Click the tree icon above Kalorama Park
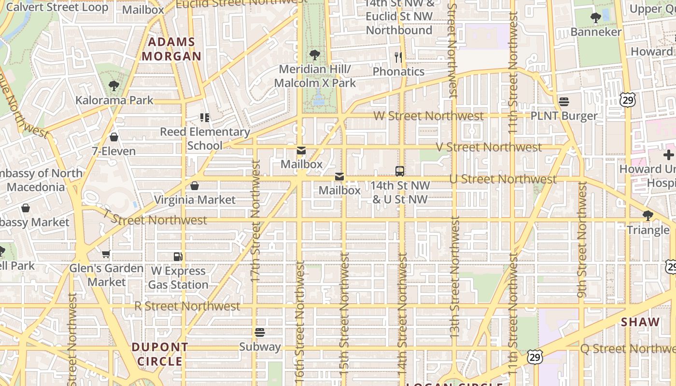[114, 86]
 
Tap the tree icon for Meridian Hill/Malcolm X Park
[315, 55]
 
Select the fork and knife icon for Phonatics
[398, 57]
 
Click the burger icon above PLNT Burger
[563, 102]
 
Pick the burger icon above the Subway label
[260, 332]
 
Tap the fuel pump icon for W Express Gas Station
[178, 257]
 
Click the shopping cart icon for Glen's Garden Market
[106, 254]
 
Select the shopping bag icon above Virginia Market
[195, 186]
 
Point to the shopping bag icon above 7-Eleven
[114, 138]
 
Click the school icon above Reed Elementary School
[204, 118]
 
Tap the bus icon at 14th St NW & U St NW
[399, 171]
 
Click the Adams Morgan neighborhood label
[171, 49]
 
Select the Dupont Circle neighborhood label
[160, 354]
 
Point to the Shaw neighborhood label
[640, 322]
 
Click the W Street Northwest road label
[428, 116]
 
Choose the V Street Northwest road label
[489, 147]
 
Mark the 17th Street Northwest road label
[255, 221]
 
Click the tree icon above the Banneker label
[595, 18]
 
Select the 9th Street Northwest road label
[582, 240]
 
